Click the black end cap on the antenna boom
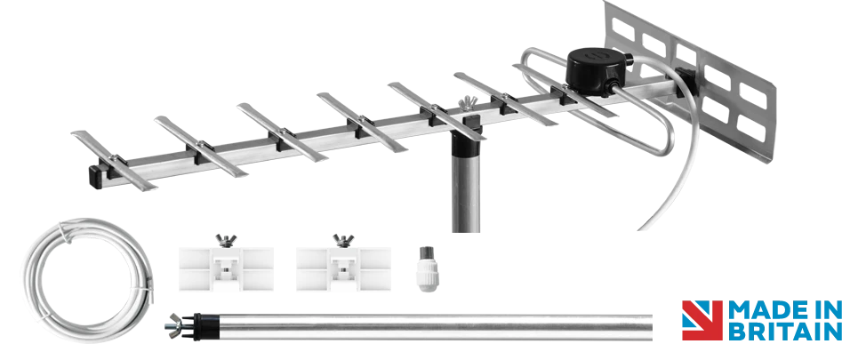pos(96,177)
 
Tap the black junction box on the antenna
pos(596,72)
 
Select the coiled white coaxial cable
pos(89,279)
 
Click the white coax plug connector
pos(428,268)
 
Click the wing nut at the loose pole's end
pos(175,325)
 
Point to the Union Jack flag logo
pos(702,320)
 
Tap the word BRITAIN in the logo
pos(784,331)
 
